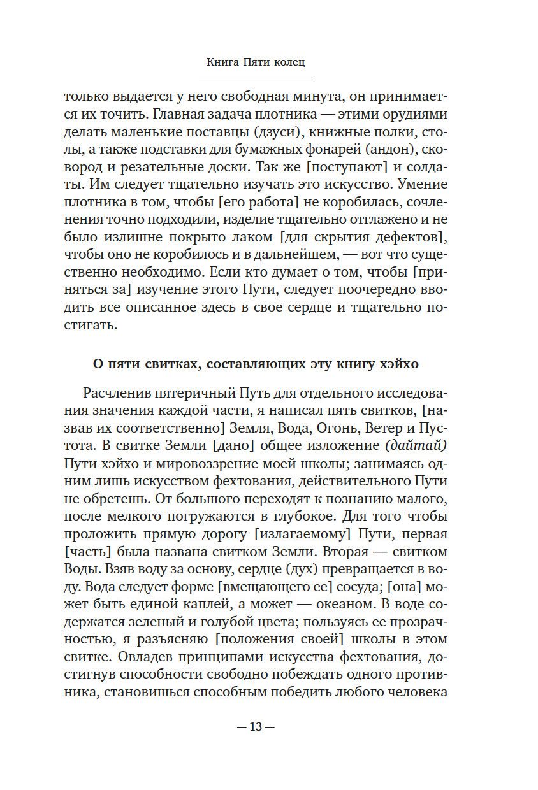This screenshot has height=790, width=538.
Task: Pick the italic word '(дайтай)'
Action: [418, 443]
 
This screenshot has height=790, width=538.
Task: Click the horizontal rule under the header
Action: [256, 80]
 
